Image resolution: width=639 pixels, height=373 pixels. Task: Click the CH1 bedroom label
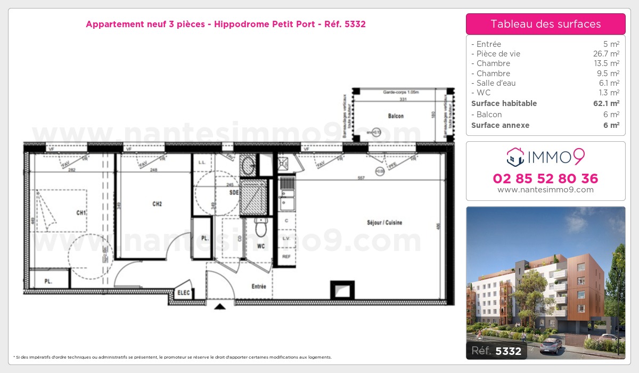pos(81,213)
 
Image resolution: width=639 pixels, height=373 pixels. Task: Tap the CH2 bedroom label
pos(157,204)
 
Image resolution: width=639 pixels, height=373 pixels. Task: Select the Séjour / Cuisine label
pos(384,223)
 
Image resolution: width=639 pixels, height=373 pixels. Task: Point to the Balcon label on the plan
pos(396,116)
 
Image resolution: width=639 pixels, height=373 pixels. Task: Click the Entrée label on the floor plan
pos(259,287)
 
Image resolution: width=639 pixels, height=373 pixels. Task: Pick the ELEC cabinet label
pos(184,292)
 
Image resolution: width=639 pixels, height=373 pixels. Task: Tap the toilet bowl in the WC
pos(261,228)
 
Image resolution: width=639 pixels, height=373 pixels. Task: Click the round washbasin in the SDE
pos(248,166)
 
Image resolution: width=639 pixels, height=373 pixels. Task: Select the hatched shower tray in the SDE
pos(253,198)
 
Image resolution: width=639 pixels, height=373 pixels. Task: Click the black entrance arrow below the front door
pos(219,306)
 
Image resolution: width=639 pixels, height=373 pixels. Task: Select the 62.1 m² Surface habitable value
pos(607,103)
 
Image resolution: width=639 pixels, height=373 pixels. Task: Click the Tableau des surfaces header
pos(545,24)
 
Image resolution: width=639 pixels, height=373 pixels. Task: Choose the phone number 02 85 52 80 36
pos(545,179)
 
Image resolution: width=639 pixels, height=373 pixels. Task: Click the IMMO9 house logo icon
pos(514,156)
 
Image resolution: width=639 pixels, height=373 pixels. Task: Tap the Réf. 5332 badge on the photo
pos(496,351)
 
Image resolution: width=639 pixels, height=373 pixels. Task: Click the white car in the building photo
pos(550,346)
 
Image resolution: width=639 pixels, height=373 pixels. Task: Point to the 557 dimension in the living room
pos(361,178)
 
